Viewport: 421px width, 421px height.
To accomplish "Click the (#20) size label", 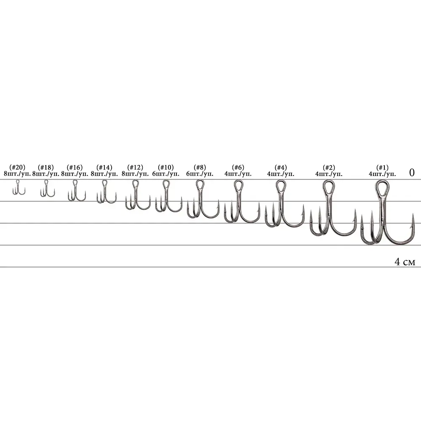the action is point(17,167).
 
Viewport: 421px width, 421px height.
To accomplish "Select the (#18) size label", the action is point(45,167).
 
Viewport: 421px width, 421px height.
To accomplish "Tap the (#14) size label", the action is point(104,167).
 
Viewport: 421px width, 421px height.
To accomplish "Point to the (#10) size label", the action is point(165,167).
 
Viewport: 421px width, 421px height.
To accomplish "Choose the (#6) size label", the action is point(238,167).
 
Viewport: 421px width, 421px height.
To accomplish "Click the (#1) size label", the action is point(382,167).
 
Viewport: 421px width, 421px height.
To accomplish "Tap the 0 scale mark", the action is point(412,172).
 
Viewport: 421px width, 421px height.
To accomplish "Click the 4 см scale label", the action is point(405,261).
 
